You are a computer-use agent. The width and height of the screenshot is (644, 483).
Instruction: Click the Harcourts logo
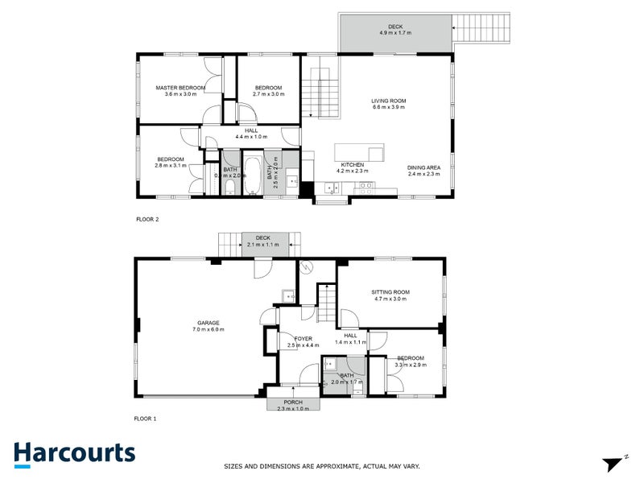tap(74, 453)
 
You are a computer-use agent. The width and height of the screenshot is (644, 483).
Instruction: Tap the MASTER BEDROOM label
tap(180, 88)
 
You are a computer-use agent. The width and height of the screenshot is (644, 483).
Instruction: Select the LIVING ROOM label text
tap(388, 101)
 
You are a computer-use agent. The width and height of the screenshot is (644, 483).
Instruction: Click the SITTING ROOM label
tap(390, 291)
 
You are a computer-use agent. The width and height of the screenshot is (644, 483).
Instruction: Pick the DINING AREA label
tap(424, 167)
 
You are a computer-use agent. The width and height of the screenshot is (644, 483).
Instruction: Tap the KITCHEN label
tap(351, 164)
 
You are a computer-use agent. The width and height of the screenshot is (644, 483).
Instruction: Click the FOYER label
tap(303, 339)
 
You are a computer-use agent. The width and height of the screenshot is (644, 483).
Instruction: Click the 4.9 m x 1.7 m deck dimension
tap(395, 33)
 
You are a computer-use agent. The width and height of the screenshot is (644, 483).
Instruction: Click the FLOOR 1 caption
tap(145, 419)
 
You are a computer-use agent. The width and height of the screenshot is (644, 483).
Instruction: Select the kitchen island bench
tap(359, 152)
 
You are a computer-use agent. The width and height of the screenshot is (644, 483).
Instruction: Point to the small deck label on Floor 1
tap(262, 237)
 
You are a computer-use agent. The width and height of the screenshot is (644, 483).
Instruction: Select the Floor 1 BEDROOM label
tap(410, 357)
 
